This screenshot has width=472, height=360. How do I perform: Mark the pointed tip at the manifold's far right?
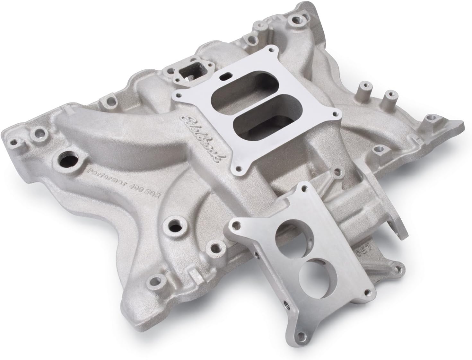463,122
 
